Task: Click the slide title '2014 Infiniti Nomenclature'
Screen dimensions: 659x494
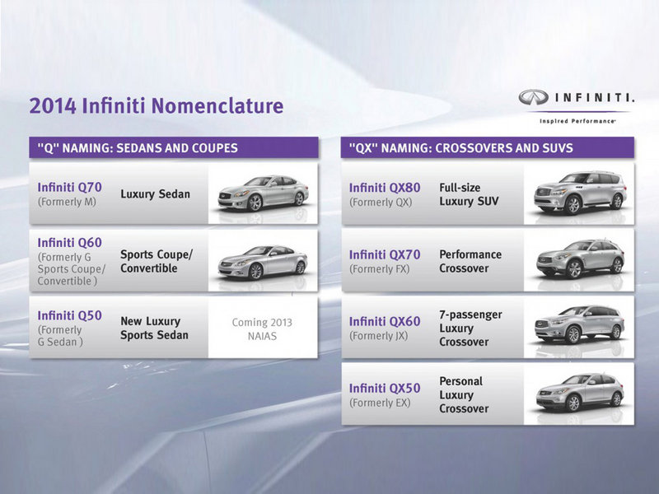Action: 157,105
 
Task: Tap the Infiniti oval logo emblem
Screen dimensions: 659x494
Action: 533,97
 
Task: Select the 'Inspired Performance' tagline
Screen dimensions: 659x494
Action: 577,121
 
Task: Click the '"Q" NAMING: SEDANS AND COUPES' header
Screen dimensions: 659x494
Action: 138,148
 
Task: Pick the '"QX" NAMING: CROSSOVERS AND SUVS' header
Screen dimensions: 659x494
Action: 461,148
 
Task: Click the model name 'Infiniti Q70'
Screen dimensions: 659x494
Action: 70,188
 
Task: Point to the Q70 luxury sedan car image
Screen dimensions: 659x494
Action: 263,193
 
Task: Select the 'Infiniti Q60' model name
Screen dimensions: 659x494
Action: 70,243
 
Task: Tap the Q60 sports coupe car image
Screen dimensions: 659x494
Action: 262,262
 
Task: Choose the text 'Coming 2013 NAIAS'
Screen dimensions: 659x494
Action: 262,329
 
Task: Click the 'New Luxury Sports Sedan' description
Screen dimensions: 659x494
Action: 154,328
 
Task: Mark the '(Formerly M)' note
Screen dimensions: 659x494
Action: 67,202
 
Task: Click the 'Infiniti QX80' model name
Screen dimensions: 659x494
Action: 385,188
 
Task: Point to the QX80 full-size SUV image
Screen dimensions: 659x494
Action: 580,193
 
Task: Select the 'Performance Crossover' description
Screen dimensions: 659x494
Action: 470,261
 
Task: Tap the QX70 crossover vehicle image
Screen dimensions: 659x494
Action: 580,259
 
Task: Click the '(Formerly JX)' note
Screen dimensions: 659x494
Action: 379,336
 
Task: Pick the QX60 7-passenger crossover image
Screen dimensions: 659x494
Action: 579,324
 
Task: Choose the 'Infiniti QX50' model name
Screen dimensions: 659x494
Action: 385,388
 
